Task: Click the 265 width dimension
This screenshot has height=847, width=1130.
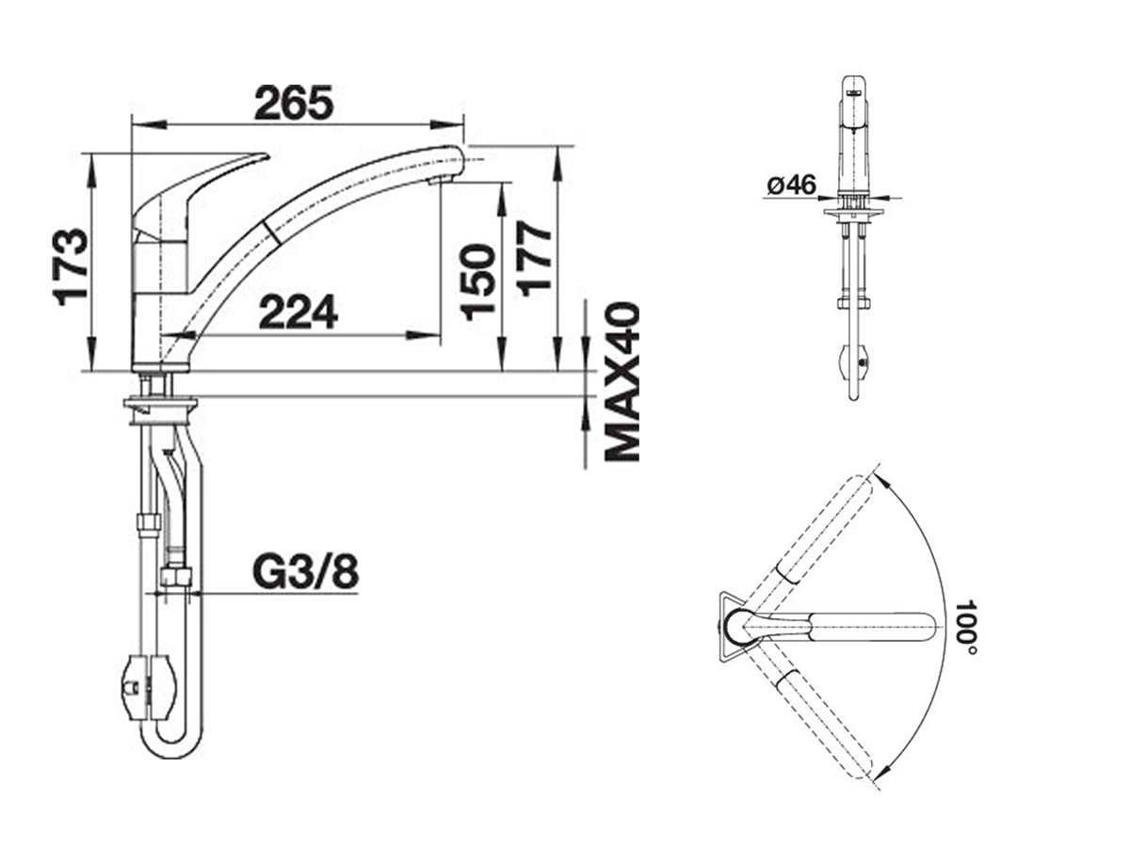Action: (x=294, y=103)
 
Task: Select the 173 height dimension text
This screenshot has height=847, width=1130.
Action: (x=70, y=267)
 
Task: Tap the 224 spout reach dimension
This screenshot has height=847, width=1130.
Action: (x=299, y=312)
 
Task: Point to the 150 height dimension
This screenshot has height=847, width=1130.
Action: (x=476, y=282)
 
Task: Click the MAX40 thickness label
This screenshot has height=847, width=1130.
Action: (x=621, y=383)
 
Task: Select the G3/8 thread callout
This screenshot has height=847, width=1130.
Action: (x=305, y=572)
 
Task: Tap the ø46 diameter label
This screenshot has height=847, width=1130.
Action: (x=791, y=185)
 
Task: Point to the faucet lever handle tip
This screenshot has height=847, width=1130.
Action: (x=266, y=155)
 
